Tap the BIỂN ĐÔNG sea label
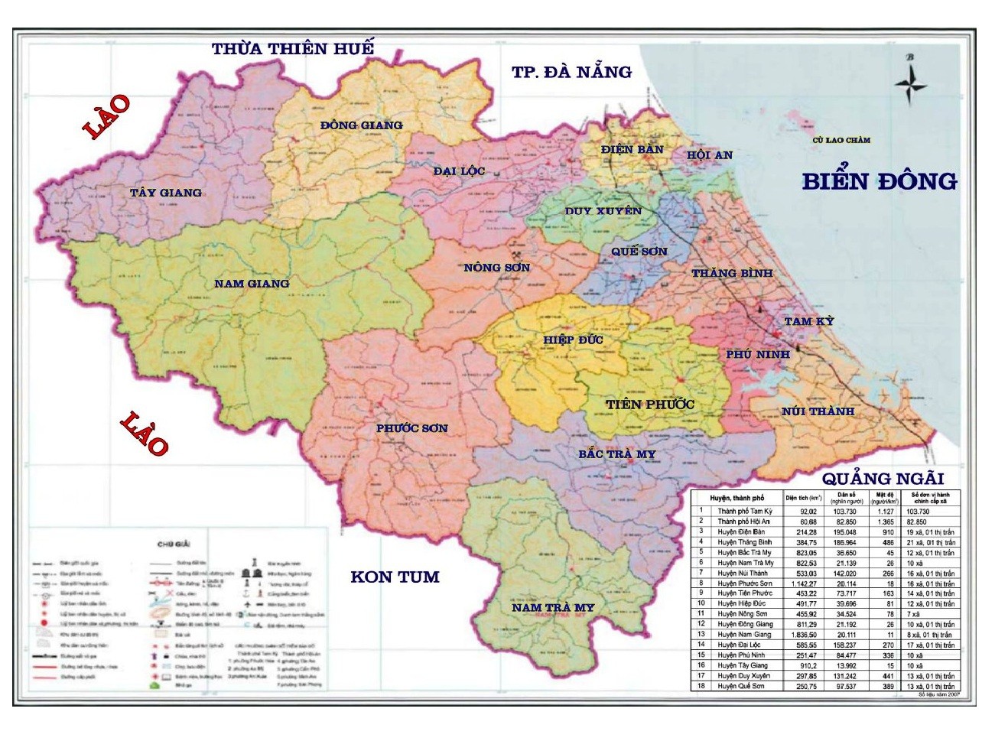tap(879, 181)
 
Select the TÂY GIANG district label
tap(165, 193)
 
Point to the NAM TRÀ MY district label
tap(552, 607)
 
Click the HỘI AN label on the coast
tap(709, 155)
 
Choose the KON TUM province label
tap(395, 577)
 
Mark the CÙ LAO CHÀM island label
tap(841, 140)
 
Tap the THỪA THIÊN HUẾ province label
tap(293, 49)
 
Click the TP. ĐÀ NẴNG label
tap(571, 72)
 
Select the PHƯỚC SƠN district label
tap(411, 428)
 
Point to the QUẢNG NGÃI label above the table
tap(883, 479)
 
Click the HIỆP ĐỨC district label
tap(573, 340)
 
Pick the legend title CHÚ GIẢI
tap(174, 544)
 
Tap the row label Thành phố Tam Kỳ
tap(744, 511)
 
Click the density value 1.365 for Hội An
tap(886, 522)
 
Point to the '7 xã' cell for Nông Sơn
tap(913, 614)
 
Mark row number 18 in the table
tap(701, 686)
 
